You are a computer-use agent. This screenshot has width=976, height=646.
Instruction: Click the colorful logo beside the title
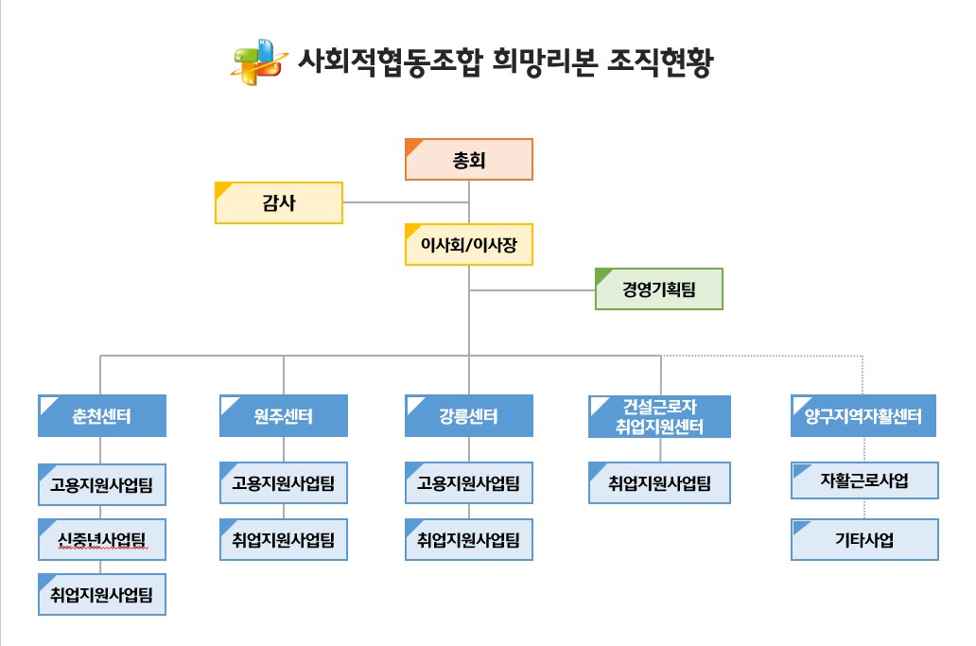[x=259, y=61]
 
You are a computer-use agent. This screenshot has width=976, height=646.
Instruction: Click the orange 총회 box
[x=469, y=160]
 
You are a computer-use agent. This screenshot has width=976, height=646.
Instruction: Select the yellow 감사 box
[x=279, y=203]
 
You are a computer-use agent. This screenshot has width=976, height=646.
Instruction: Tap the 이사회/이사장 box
[x=469, y=245]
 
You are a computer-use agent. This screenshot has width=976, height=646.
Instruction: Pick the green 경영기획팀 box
[x=659, y=288]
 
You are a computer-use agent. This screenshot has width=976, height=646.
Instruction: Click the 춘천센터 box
[x=102, y=416]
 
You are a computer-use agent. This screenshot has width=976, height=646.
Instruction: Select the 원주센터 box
[x=283, y=416]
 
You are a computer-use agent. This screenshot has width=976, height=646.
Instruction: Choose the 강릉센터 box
[x=469, y=416]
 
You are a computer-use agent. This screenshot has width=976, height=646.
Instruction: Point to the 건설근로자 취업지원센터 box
[x=659, y=416]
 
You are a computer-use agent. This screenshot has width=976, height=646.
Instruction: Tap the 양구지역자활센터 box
[x=863, y=416]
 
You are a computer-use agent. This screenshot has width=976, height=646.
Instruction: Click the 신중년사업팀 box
[x=102, y=539]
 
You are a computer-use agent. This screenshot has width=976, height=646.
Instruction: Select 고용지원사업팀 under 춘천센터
[x=102, y=485]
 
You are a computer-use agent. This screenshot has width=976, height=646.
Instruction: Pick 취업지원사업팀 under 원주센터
[x=283, y=539]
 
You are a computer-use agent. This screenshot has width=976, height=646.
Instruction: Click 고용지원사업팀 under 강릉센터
[x=469, y=483]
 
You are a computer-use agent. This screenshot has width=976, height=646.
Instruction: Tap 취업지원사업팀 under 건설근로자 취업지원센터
[x=659, y=483]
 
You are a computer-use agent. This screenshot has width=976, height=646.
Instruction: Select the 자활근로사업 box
[x=864, y=480]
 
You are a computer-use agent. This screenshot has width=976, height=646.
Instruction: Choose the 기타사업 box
[x=864, y=539]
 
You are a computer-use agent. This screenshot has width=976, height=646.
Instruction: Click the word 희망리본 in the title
[x=545, y=61]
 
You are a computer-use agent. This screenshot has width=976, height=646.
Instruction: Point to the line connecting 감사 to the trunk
[x=406, y=202]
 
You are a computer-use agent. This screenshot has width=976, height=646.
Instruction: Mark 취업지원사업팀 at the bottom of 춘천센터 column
[x=102, y=594]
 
